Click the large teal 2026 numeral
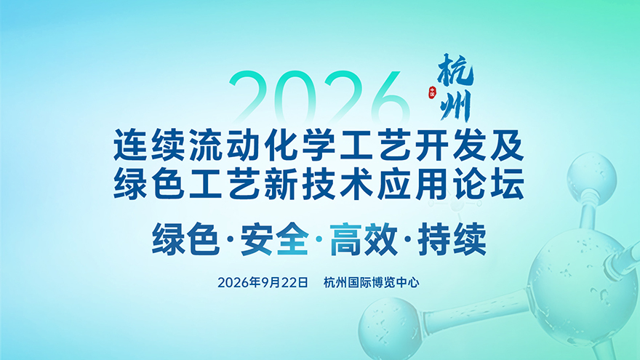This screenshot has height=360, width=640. [319, 97]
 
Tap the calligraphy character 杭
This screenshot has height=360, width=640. [455, 71]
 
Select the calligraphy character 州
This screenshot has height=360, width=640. [455, 105]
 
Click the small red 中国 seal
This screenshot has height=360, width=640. [432, 93]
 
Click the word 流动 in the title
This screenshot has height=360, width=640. [225, 145]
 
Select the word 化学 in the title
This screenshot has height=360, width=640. [300, 145]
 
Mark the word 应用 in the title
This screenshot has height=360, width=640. [412, 184]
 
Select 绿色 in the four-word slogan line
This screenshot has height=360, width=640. [185, 239]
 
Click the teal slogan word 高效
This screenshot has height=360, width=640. [363, 239]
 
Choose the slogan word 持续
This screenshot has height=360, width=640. [452, 239]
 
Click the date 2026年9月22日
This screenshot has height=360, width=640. [263, 282]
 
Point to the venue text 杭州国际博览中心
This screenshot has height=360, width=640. [371, 282]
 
